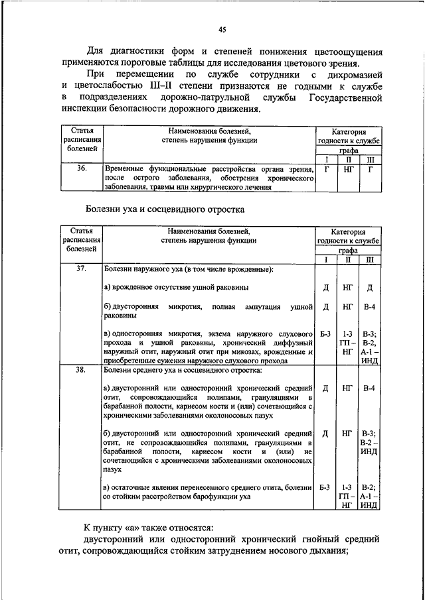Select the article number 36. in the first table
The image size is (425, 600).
tap(82, 169)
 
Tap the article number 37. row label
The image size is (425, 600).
tap(82, 269)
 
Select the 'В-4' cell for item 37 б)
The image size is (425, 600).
tap(370, 307)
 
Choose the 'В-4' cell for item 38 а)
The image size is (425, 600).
tap(370, 387)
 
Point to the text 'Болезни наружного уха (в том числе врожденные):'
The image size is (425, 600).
tap(189, 269)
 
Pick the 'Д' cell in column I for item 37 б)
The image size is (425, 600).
tap(325, 307)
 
